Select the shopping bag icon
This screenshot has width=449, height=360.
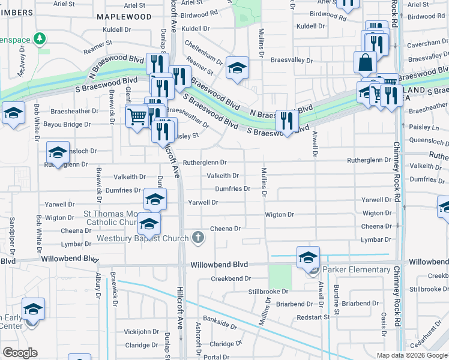point(366,62)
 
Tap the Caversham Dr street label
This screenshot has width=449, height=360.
point(428,45)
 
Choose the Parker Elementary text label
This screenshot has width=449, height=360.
point(358,270)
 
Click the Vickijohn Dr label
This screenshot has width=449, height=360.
point(140,331)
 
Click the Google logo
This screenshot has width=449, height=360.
point(20,352)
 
